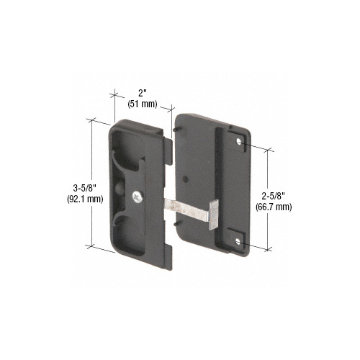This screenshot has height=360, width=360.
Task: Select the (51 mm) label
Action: tap(144, 103)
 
